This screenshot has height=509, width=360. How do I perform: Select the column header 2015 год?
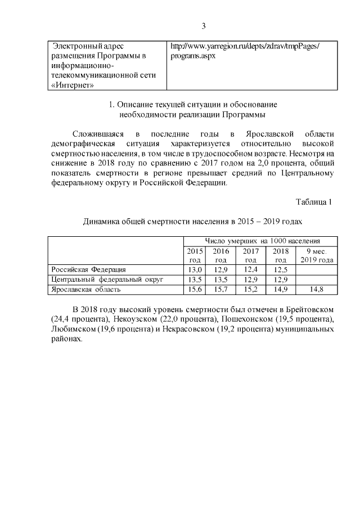point(194,255)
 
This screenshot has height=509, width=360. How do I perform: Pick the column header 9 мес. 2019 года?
point(316,255)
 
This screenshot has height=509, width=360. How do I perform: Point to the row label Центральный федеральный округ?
point(107,279)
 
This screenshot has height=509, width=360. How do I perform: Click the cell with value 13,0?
point(194,269)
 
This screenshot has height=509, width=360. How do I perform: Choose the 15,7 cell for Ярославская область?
point(221,289)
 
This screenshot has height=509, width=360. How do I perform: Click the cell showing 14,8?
point(316,289)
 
